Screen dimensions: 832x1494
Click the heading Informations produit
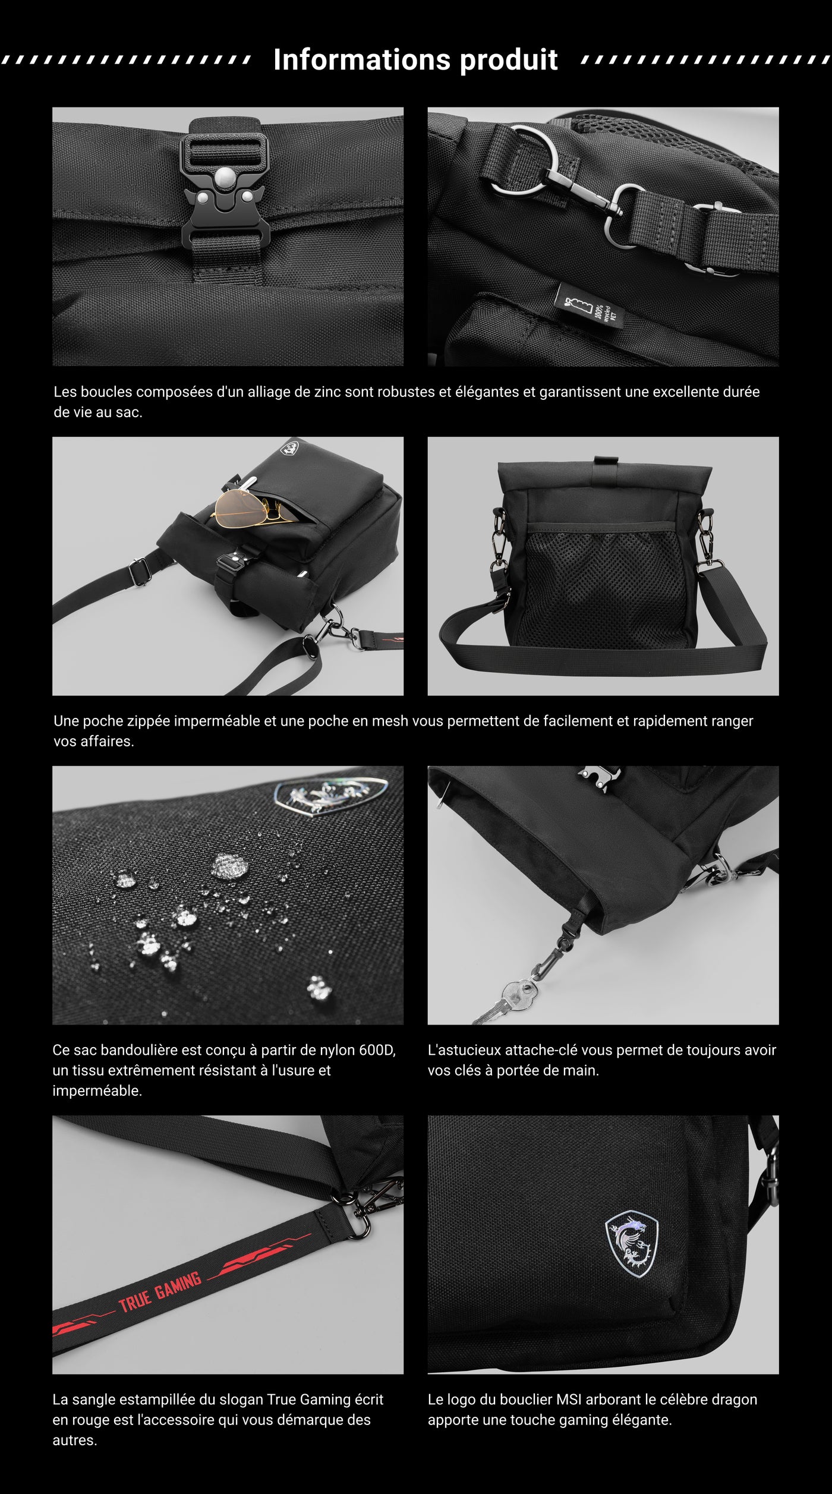(x=415, y=59)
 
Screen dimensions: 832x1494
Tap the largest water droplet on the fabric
(x=229, y=865)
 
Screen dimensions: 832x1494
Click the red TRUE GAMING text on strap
(x=160, y=1293)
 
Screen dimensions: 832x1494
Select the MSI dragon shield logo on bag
(x=631, y=1243)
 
